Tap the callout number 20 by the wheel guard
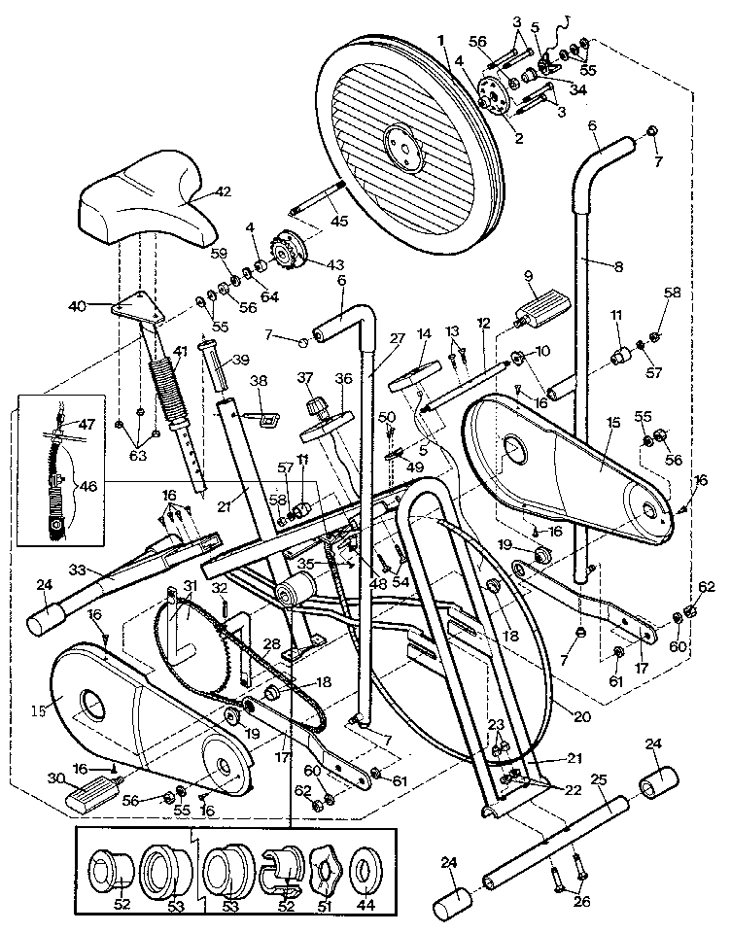582,717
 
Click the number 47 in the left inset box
87,425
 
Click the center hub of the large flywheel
400,139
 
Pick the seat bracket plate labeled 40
134,309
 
